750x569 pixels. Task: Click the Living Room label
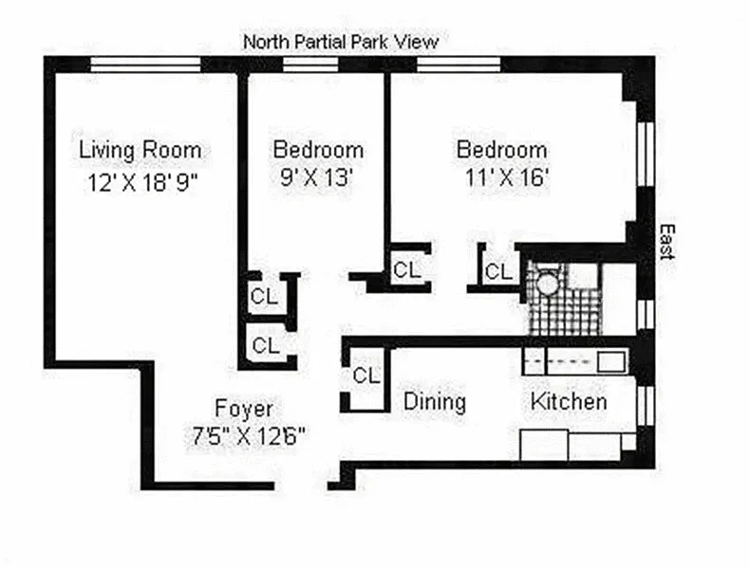click(x=140, y=151)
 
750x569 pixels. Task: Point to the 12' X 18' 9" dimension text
click(x=142, y=182)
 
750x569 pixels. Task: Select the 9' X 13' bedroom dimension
click(x=316, y=177)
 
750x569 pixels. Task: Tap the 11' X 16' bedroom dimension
click(x=506, y=177)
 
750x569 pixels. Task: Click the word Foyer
click(x=244, y=409)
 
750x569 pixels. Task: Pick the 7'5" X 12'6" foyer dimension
click(x=248, y=435)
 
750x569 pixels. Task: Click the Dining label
click(x=434, y=402)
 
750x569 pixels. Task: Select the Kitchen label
click(x=569, y=401)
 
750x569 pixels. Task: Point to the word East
click(x=666, y=242)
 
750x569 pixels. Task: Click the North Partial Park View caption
click(x=341, y=42)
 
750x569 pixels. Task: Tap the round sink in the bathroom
click(x=547, y=284)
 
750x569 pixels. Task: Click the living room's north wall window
click(x=145, y=64)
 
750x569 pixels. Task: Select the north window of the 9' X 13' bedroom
click(x=310, y=64)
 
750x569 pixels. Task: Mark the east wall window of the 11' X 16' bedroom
click(x=646, y=154)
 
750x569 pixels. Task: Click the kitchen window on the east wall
click(x=646, y=405)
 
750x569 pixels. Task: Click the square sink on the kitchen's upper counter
click(x=611, y=361)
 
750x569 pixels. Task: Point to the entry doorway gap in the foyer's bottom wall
click(x=301, y=486)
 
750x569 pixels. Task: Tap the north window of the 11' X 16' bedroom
click(x=459, y=64)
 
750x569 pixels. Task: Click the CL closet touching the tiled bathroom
click(x=498, y=271)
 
